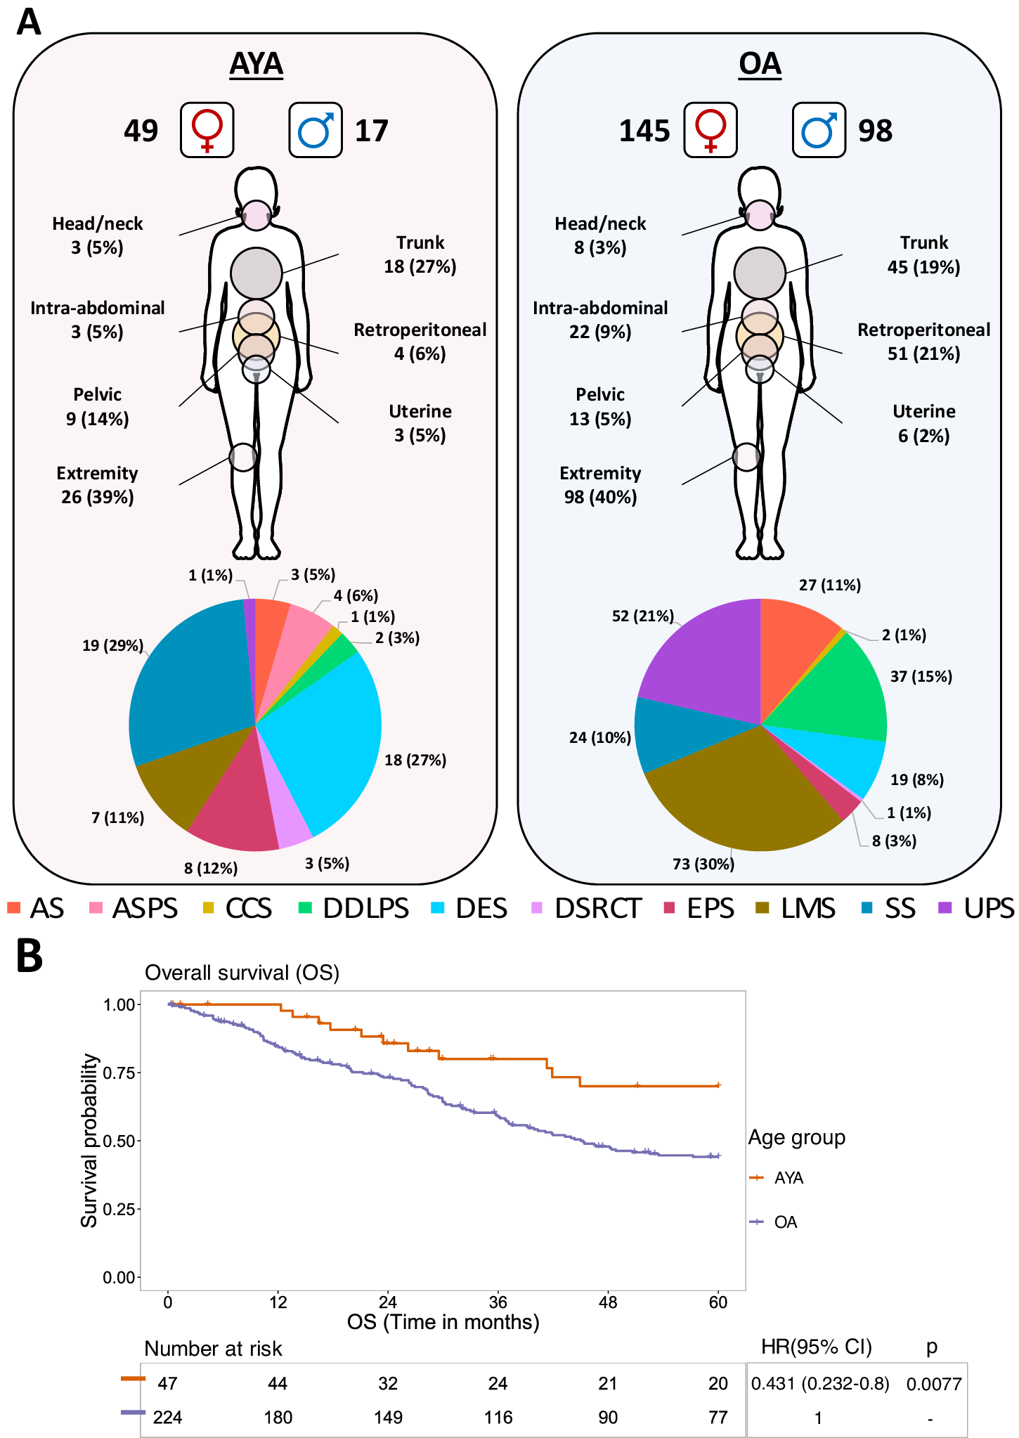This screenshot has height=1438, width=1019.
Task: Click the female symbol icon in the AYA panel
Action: point(207,130)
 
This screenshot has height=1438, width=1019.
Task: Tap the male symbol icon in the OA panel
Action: point(819,130)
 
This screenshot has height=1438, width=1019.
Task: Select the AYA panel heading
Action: point(257,64)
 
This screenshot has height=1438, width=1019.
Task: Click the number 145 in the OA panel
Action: point(644,131)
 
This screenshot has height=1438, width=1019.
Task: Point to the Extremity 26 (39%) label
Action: point(97,485)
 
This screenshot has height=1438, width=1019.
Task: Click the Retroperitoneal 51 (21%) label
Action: point(923,342)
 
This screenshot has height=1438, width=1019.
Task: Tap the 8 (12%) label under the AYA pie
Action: point(211,868)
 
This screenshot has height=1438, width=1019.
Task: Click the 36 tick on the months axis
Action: point(498,1302)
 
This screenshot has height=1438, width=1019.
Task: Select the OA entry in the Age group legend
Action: point(785,1222)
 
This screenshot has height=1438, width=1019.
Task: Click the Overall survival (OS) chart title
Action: point(242,973)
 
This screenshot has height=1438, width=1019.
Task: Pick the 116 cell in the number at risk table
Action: point(498,1417)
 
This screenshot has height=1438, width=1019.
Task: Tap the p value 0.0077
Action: point(933,1384)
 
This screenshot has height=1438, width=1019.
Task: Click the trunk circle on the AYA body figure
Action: point(257,273)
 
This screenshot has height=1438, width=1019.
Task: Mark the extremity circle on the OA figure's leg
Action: point(746,457)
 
